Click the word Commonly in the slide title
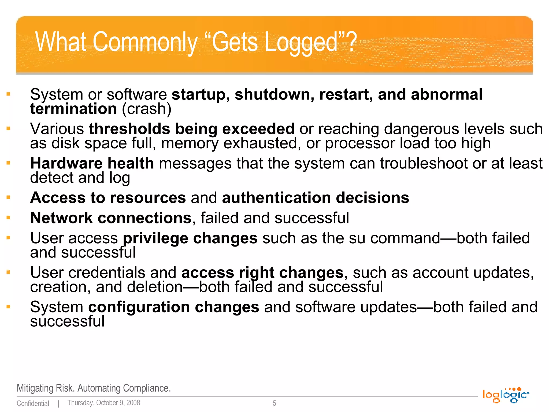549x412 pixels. point(145,42)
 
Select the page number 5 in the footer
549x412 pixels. point(274,403)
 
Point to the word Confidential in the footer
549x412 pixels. point(33,403)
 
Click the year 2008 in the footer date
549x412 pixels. point(133,403)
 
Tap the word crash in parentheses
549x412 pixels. point(146,109)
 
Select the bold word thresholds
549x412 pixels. point(129,129)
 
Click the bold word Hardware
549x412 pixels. point(66,163)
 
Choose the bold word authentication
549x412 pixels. point(276,198)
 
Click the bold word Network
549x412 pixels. point(61,218)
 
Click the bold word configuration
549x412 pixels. point(139,307)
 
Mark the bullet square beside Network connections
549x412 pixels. point(8,218)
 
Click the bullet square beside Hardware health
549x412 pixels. point(8,163)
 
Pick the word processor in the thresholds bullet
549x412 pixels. point(360,143)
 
